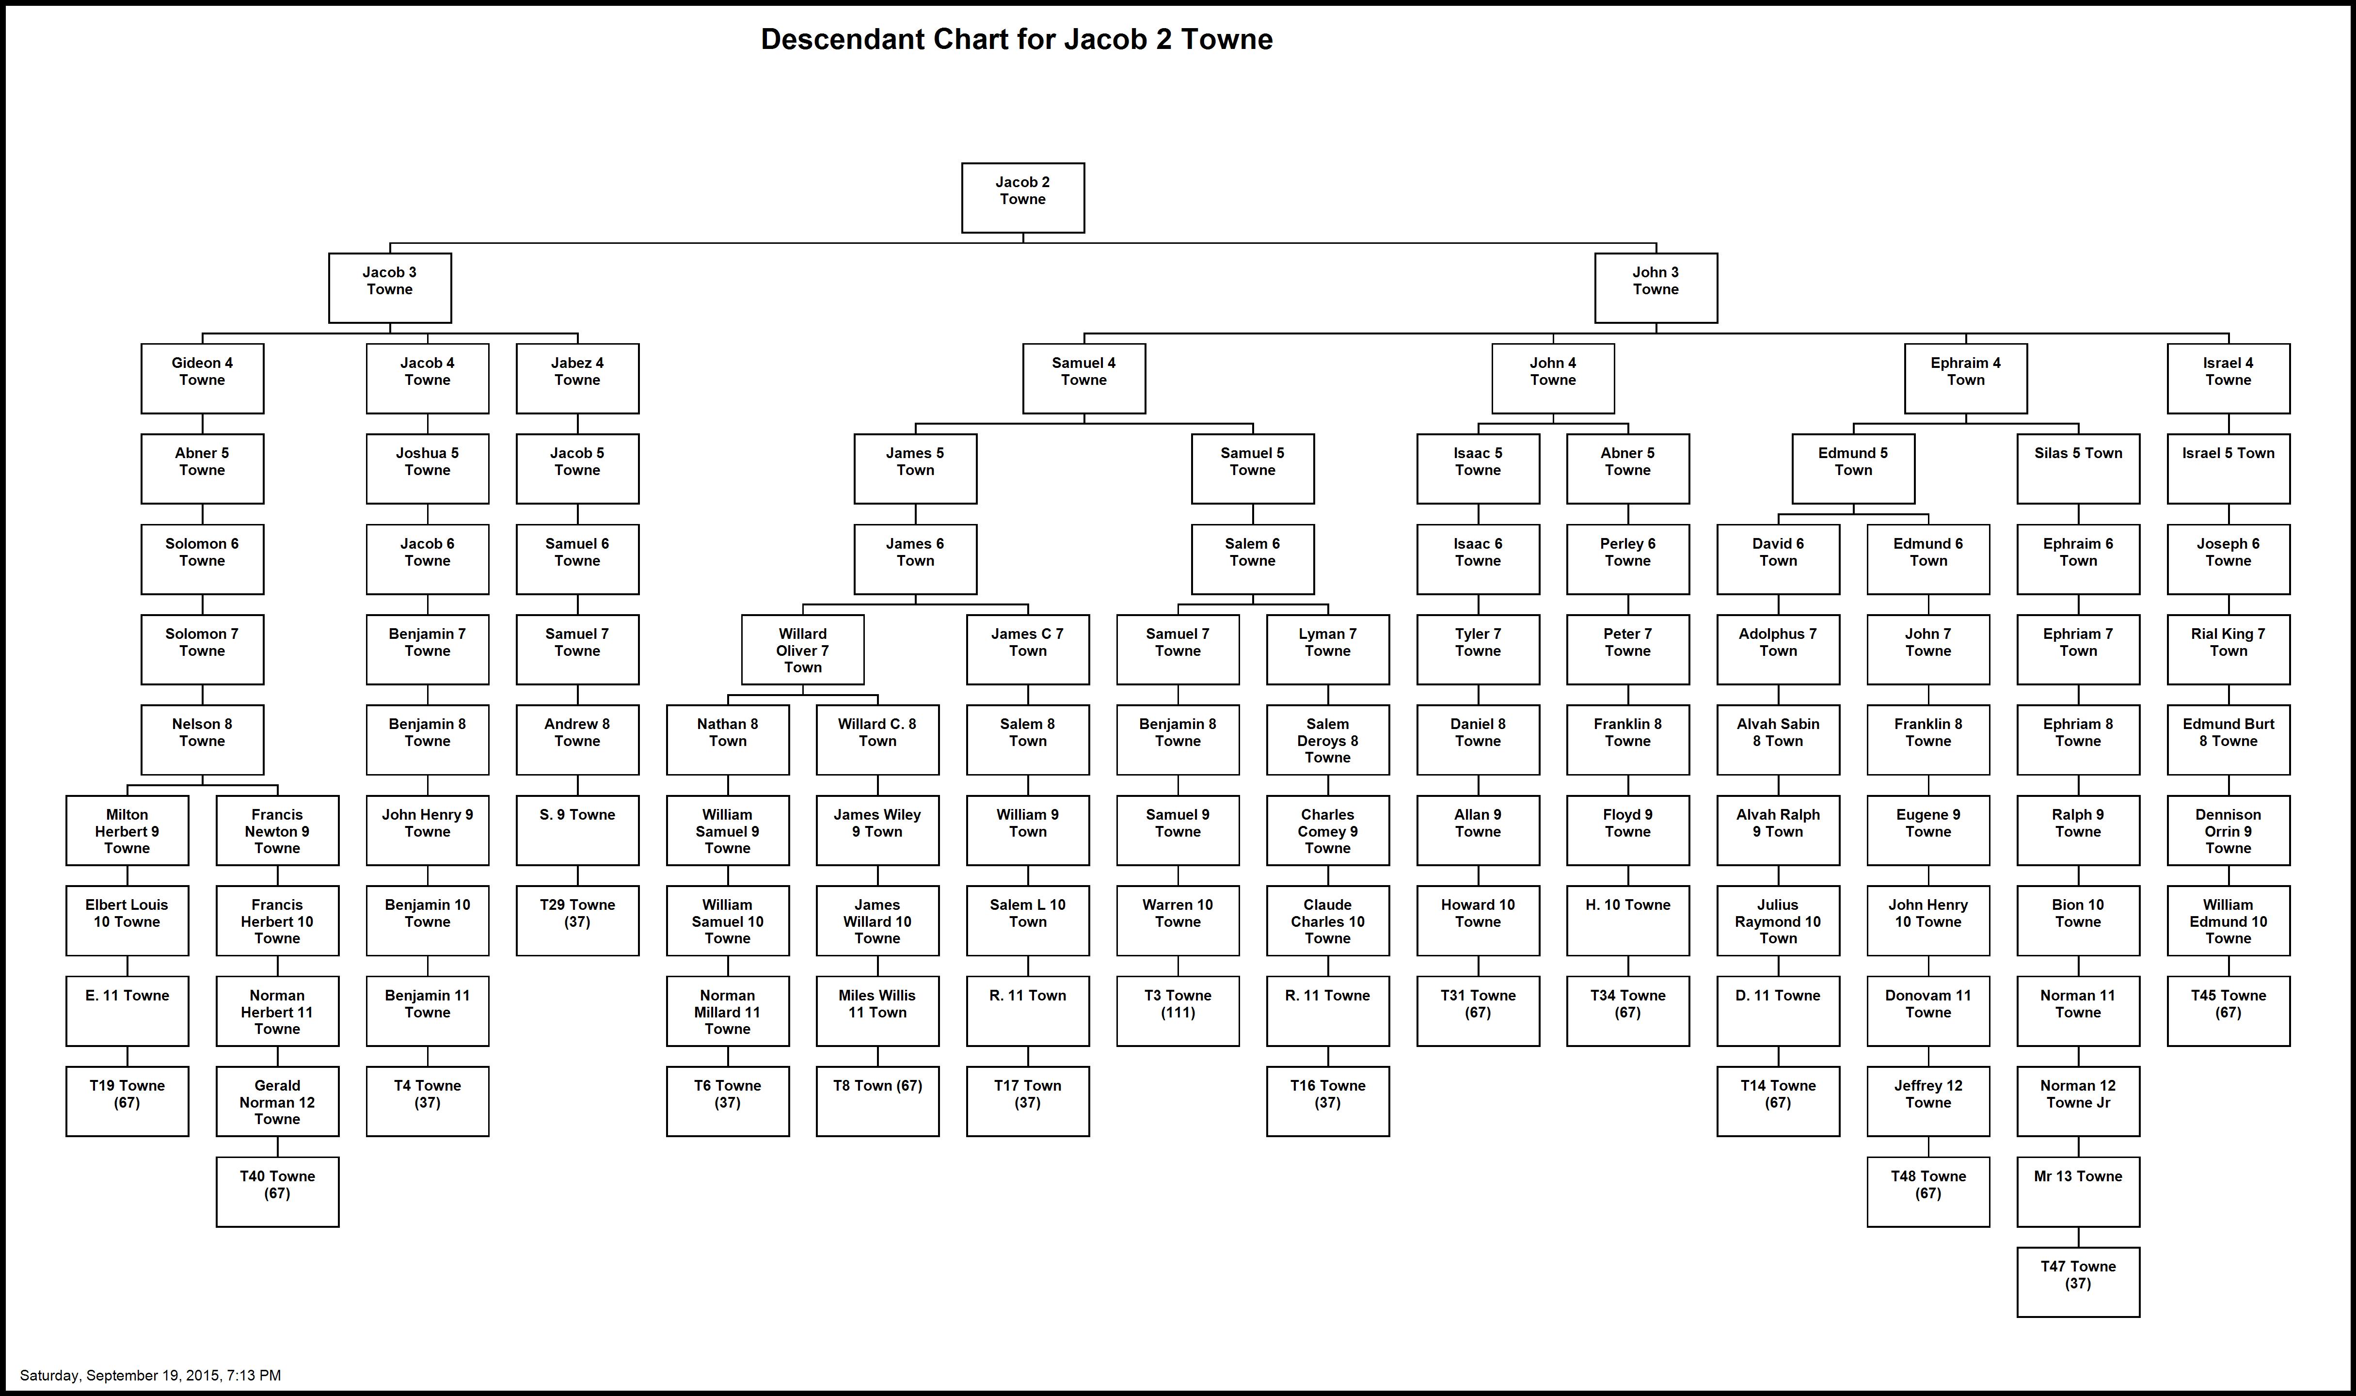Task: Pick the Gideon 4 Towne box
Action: click(x=202, y=378)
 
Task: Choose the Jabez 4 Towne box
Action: click(x=577, y=378)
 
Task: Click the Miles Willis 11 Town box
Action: click(x=877, y=1011)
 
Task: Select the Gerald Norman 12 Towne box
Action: click(x=277, y=1102)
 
